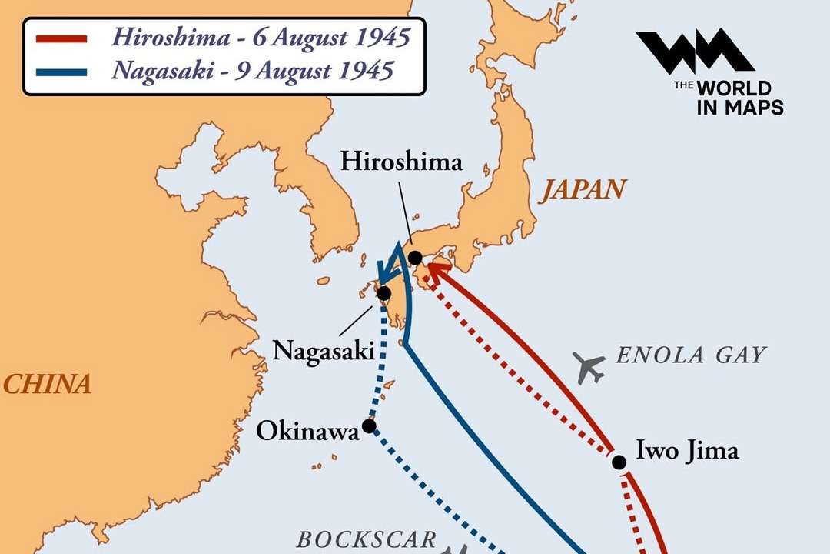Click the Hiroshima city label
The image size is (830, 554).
click(x=401, y=162)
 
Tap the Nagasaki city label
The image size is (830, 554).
click(x=323, y=352)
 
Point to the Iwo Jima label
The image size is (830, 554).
click(x=688, y=450)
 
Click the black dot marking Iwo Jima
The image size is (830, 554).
click(x=619, y=462)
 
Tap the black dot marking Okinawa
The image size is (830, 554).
click(x=369, y=426)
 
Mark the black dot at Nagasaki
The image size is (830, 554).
click(x=383, y=293)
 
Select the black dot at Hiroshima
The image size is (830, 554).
click(x=415, y=257)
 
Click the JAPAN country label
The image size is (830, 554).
click(x=582, y=190)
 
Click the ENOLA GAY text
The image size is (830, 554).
click(x=692, y=355)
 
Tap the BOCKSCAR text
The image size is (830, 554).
click(x=367, y=539)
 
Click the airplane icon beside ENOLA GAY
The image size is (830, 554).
click(x=589, y=367)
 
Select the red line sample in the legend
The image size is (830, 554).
click(x=61, y=38)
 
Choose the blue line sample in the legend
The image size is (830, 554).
click(x=61, y=72)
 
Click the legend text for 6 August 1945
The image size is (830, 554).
click(x=261, y=37)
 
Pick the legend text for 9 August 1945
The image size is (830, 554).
click(x=253, y=71)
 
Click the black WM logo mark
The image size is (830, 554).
click(x=694, y=52)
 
